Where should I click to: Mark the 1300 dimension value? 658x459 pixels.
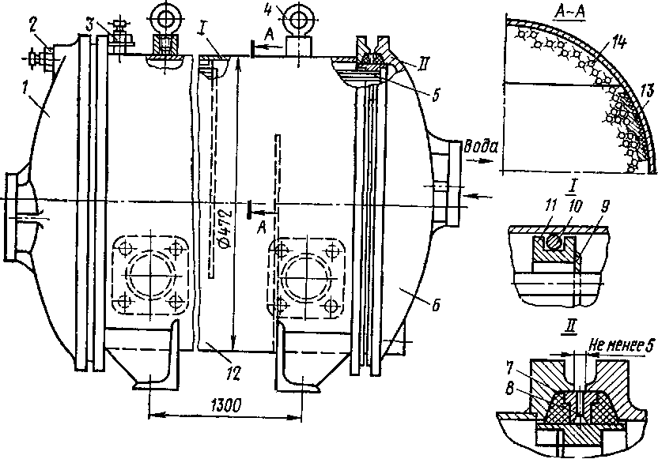(225, 406)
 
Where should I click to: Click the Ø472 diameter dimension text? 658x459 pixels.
(225, 239)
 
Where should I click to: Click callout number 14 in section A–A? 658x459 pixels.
(618, 43)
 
